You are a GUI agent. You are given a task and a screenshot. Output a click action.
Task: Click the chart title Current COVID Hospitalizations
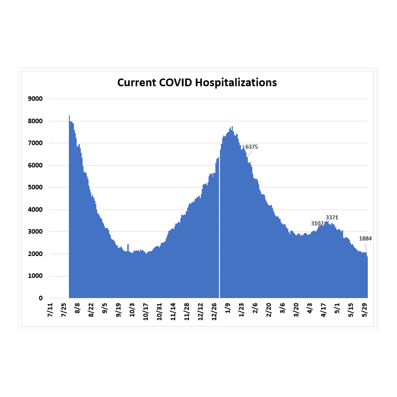197,83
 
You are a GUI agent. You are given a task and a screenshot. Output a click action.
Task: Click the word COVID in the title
176,83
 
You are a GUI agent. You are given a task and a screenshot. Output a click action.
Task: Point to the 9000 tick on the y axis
35,99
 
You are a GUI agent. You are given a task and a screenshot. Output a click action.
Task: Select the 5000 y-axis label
35,188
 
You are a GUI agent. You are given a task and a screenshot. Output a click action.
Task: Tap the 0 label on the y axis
41,298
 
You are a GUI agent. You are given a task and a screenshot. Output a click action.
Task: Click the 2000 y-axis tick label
35,254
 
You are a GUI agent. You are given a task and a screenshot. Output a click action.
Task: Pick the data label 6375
252,147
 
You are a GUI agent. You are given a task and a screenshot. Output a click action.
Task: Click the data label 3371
332,218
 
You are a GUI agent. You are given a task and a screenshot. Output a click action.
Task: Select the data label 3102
317,224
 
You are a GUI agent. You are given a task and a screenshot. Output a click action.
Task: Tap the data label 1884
366,239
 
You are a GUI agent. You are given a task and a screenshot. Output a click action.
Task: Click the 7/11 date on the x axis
50,310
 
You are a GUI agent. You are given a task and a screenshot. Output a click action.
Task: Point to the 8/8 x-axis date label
78,308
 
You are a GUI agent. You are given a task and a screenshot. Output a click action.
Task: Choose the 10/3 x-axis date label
132,310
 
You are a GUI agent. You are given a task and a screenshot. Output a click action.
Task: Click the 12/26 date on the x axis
214,312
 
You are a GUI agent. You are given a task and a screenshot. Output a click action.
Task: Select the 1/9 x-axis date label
228,308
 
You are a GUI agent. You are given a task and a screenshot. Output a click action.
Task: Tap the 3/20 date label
296,310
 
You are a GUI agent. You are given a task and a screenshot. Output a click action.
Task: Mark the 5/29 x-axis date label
365,310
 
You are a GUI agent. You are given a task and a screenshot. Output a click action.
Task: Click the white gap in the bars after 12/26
219,228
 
